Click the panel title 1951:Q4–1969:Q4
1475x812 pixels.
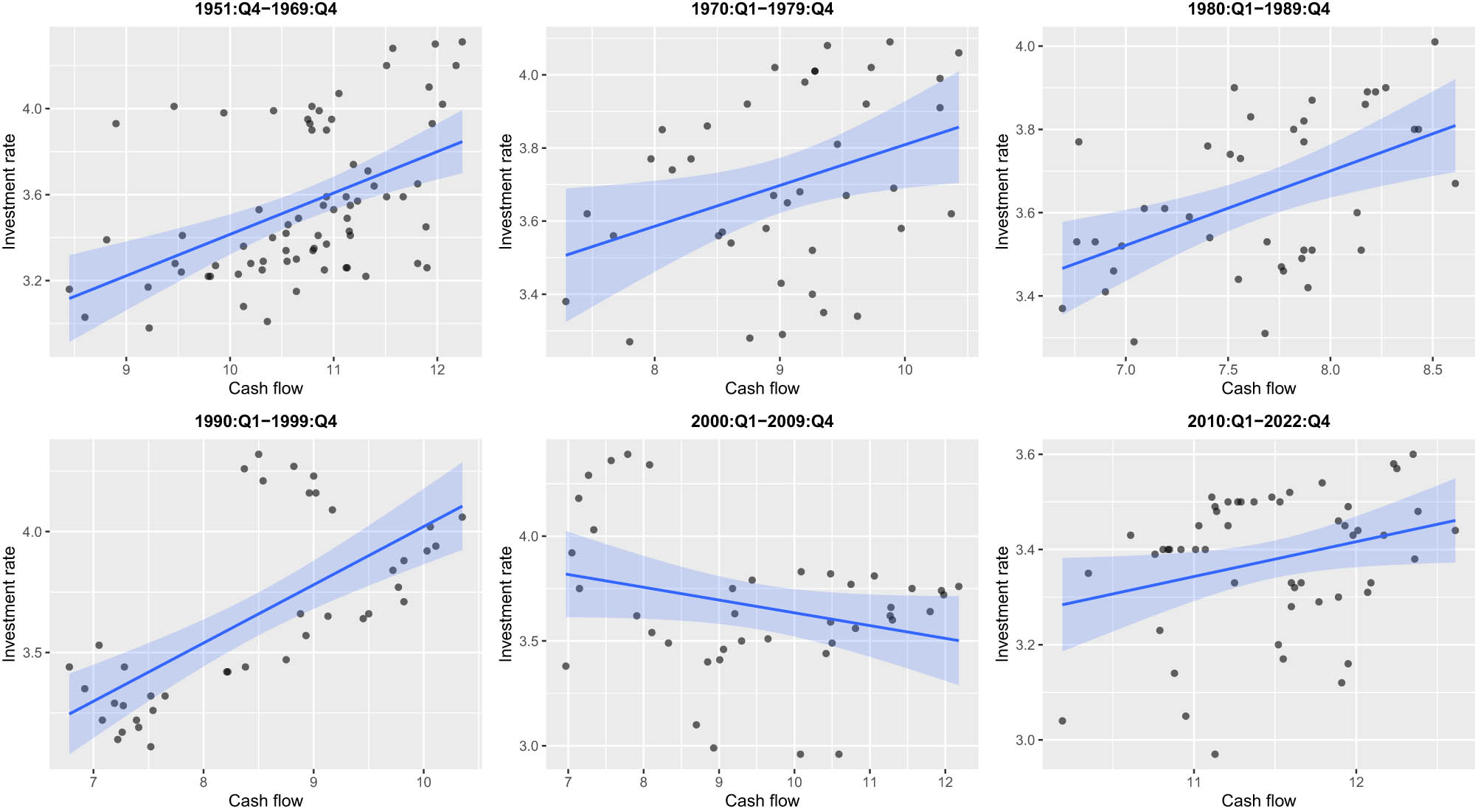pos(265,9)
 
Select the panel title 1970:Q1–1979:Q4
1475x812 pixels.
pos(762,9)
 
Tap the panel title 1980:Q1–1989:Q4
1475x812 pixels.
pos(1258,9)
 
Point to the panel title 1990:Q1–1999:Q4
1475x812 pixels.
pos(265,421)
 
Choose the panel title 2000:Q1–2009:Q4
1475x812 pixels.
pos(762,421)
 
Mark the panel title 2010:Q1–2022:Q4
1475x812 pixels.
pos(1258,421)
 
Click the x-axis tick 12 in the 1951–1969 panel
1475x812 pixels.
pos(437,369)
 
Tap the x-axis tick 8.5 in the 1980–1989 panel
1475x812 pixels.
pos(1432,369)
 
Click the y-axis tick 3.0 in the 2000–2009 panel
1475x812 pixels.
pos(528,746)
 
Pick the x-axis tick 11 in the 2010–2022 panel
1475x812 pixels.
pos(1194,782)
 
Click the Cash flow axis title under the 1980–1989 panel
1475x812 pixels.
pos(1258,388)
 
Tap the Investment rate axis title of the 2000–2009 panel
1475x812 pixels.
pos(505,603)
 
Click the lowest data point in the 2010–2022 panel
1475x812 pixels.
pos(1215,754)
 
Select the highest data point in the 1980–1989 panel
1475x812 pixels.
pos(1434,42)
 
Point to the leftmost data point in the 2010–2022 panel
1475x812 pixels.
pos(1062,721)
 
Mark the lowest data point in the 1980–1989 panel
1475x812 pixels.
pos(1134,342)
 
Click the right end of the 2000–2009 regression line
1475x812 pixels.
pos(959,640)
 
